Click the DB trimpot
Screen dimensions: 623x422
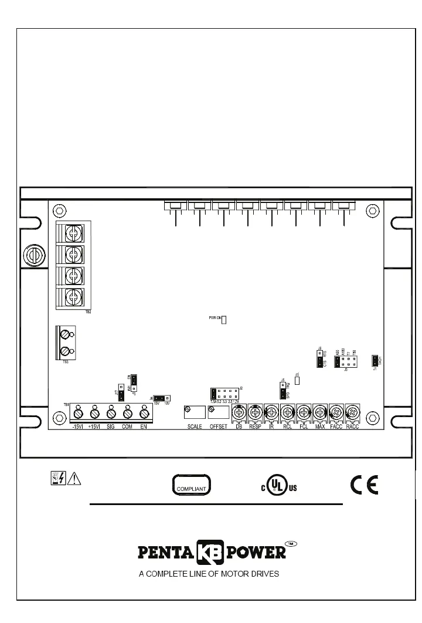(x=239, y=412)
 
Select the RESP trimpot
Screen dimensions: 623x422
(x=255, y=412)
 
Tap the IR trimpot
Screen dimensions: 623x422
(x=271, y=412)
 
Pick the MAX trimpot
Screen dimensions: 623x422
(x=319, y=412)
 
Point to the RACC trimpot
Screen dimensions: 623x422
(x=352, y=412)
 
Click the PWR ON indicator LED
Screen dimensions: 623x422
(x=223, y=319)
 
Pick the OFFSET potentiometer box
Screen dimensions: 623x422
(x=218, y=412)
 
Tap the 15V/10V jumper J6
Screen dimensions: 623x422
(x=159, y=398)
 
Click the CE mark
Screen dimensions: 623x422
(x=364, y=485)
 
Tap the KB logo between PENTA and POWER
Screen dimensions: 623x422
(x=210, y=553)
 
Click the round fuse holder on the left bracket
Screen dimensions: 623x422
(x=33, y=255)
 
